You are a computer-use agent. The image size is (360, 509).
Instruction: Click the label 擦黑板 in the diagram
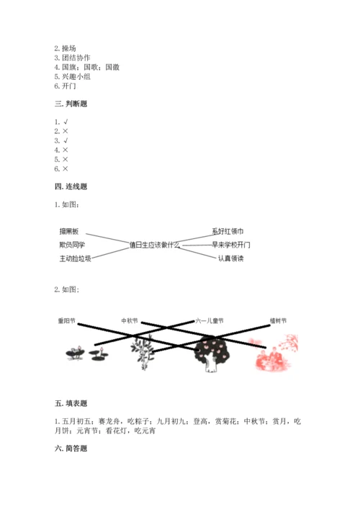click(73, 231)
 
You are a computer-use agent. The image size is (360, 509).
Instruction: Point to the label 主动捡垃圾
click(76, 259)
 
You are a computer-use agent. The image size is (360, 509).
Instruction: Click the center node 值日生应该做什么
click(154, 245)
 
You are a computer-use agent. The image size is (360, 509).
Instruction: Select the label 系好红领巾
click(228, 231)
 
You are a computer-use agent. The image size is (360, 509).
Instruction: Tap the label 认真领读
click(232, 258)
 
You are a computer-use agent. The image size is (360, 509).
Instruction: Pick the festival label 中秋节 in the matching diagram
click(130, 320)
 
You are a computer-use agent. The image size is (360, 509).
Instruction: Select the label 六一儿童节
click(210, 320)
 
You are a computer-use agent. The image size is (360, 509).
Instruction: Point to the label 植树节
click(278, 320)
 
